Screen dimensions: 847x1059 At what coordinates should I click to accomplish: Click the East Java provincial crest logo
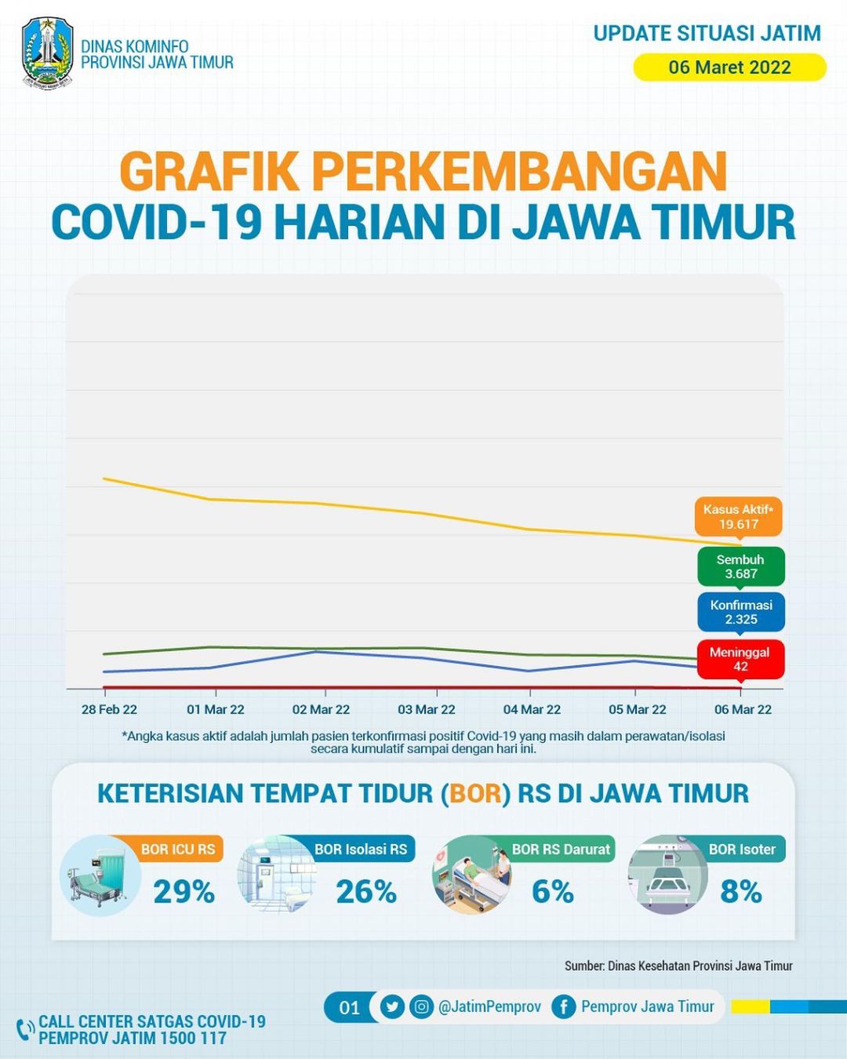(x=48, y=53)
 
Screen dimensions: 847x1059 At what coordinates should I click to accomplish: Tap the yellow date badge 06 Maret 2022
(x=729, y=67)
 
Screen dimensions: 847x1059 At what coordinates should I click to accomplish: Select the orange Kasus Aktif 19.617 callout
(x=738, y=517)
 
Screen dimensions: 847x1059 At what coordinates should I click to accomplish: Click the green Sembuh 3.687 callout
(x=740, y=567)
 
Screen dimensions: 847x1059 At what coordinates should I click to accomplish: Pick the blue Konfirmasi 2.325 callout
(x=740, y=612)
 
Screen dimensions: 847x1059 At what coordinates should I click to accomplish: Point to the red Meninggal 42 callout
(x=740, y=660)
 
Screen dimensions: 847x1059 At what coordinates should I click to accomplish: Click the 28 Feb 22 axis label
(x=109, y=709)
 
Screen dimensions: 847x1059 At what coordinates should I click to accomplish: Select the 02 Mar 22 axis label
(x=321, y=709)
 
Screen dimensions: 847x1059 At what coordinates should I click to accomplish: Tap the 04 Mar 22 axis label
(x=532, y=709)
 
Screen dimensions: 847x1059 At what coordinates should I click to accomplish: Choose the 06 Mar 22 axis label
(x=743, y=709)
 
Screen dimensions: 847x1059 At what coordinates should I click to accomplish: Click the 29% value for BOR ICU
(x=184, y=892)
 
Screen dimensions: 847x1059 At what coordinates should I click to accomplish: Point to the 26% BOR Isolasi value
(x=366, y=892)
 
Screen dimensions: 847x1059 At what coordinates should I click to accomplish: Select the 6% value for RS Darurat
(x=553, y=892)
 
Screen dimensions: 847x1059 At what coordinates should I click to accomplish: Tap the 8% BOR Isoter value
(x=741, y=892)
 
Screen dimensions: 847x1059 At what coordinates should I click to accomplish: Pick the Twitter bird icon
(x=392, y=1007)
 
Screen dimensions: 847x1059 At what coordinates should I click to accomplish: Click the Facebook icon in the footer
(x=564, y=1007)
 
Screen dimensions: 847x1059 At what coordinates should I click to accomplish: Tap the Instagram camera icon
(x=421, y=1007)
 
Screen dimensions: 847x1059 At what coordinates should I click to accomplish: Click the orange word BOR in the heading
(x=475, y=794)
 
